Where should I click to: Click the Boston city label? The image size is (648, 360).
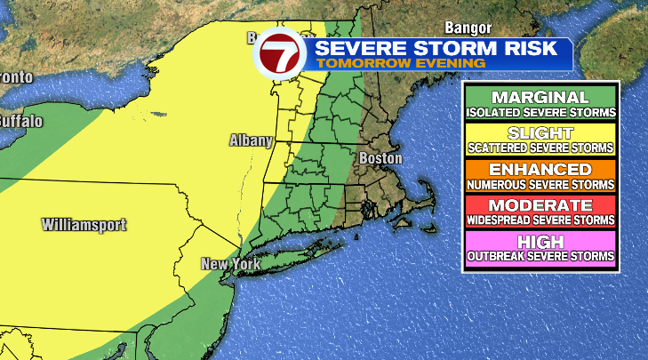pyautogui.click(x=380, y=158)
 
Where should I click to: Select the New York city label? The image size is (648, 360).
pyautogui.click(x=228, y=264)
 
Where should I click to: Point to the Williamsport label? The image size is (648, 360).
pyautogui.click(x=84, y=225)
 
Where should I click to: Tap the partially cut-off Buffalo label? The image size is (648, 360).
pyautogui.click(x=20, y=120)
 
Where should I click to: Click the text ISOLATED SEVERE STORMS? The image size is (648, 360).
pyautogui.click(x=540, y=113)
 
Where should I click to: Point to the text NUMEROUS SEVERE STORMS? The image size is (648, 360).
pyautogui.click(x=540, y=185)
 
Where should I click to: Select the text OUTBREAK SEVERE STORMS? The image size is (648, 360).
pyautogui.click(x=540, y=257)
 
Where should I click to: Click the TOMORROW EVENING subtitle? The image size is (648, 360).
pyautogui.click(x=401, y=64)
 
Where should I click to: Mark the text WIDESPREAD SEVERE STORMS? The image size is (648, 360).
pyautogui.click(x=540, y=220)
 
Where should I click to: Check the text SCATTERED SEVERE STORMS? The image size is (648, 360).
pyautogui.click(x=540, y=148)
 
